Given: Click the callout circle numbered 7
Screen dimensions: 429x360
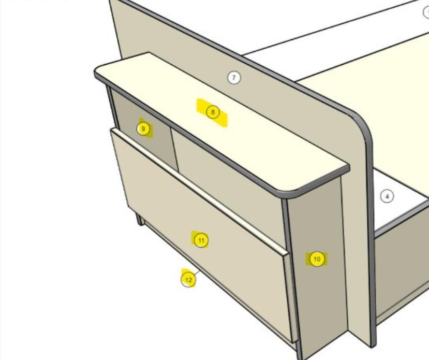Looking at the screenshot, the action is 234,78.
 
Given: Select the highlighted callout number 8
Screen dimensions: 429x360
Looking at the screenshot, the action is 213,112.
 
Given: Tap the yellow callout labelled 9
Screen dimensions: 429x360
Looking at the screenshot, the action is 143,128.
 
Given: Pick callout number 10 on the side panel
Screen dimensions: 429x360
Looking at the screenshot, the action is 317,259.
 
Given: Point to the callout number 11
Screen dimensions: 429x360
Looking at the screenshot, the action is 201,240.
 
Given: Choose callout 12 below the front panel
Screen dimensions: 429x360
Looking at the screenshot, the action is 188,280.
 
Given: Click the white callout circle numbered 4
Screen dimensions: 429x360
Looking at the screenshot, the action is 387,196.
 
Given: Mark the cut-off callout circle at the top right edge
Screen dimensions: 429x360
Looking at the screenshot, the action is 426,12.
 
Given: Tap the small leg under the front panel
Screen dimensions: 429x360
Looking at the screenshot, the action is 140,220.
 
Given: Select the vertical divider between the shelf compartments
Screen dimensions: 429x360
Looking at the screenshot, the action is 174,150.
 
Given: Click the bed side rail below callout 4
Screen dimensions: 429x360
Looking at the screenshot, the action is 402,263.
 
